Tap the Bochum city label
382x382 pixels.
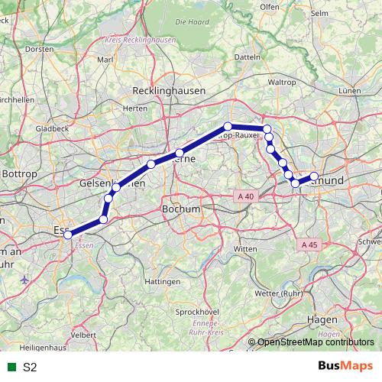181,209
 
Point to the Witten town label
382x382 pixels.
246,250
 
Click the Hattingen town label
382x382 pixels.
162,282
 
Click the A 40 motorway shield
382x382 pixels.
245,196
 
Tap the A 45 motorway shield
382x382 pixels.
309,244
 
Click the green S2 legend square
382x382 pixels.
10,367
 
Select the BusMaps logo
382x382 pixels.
345,366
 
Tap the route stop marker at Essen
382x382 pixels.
68,235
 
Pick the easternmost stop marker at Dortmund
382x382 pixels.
314,177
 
